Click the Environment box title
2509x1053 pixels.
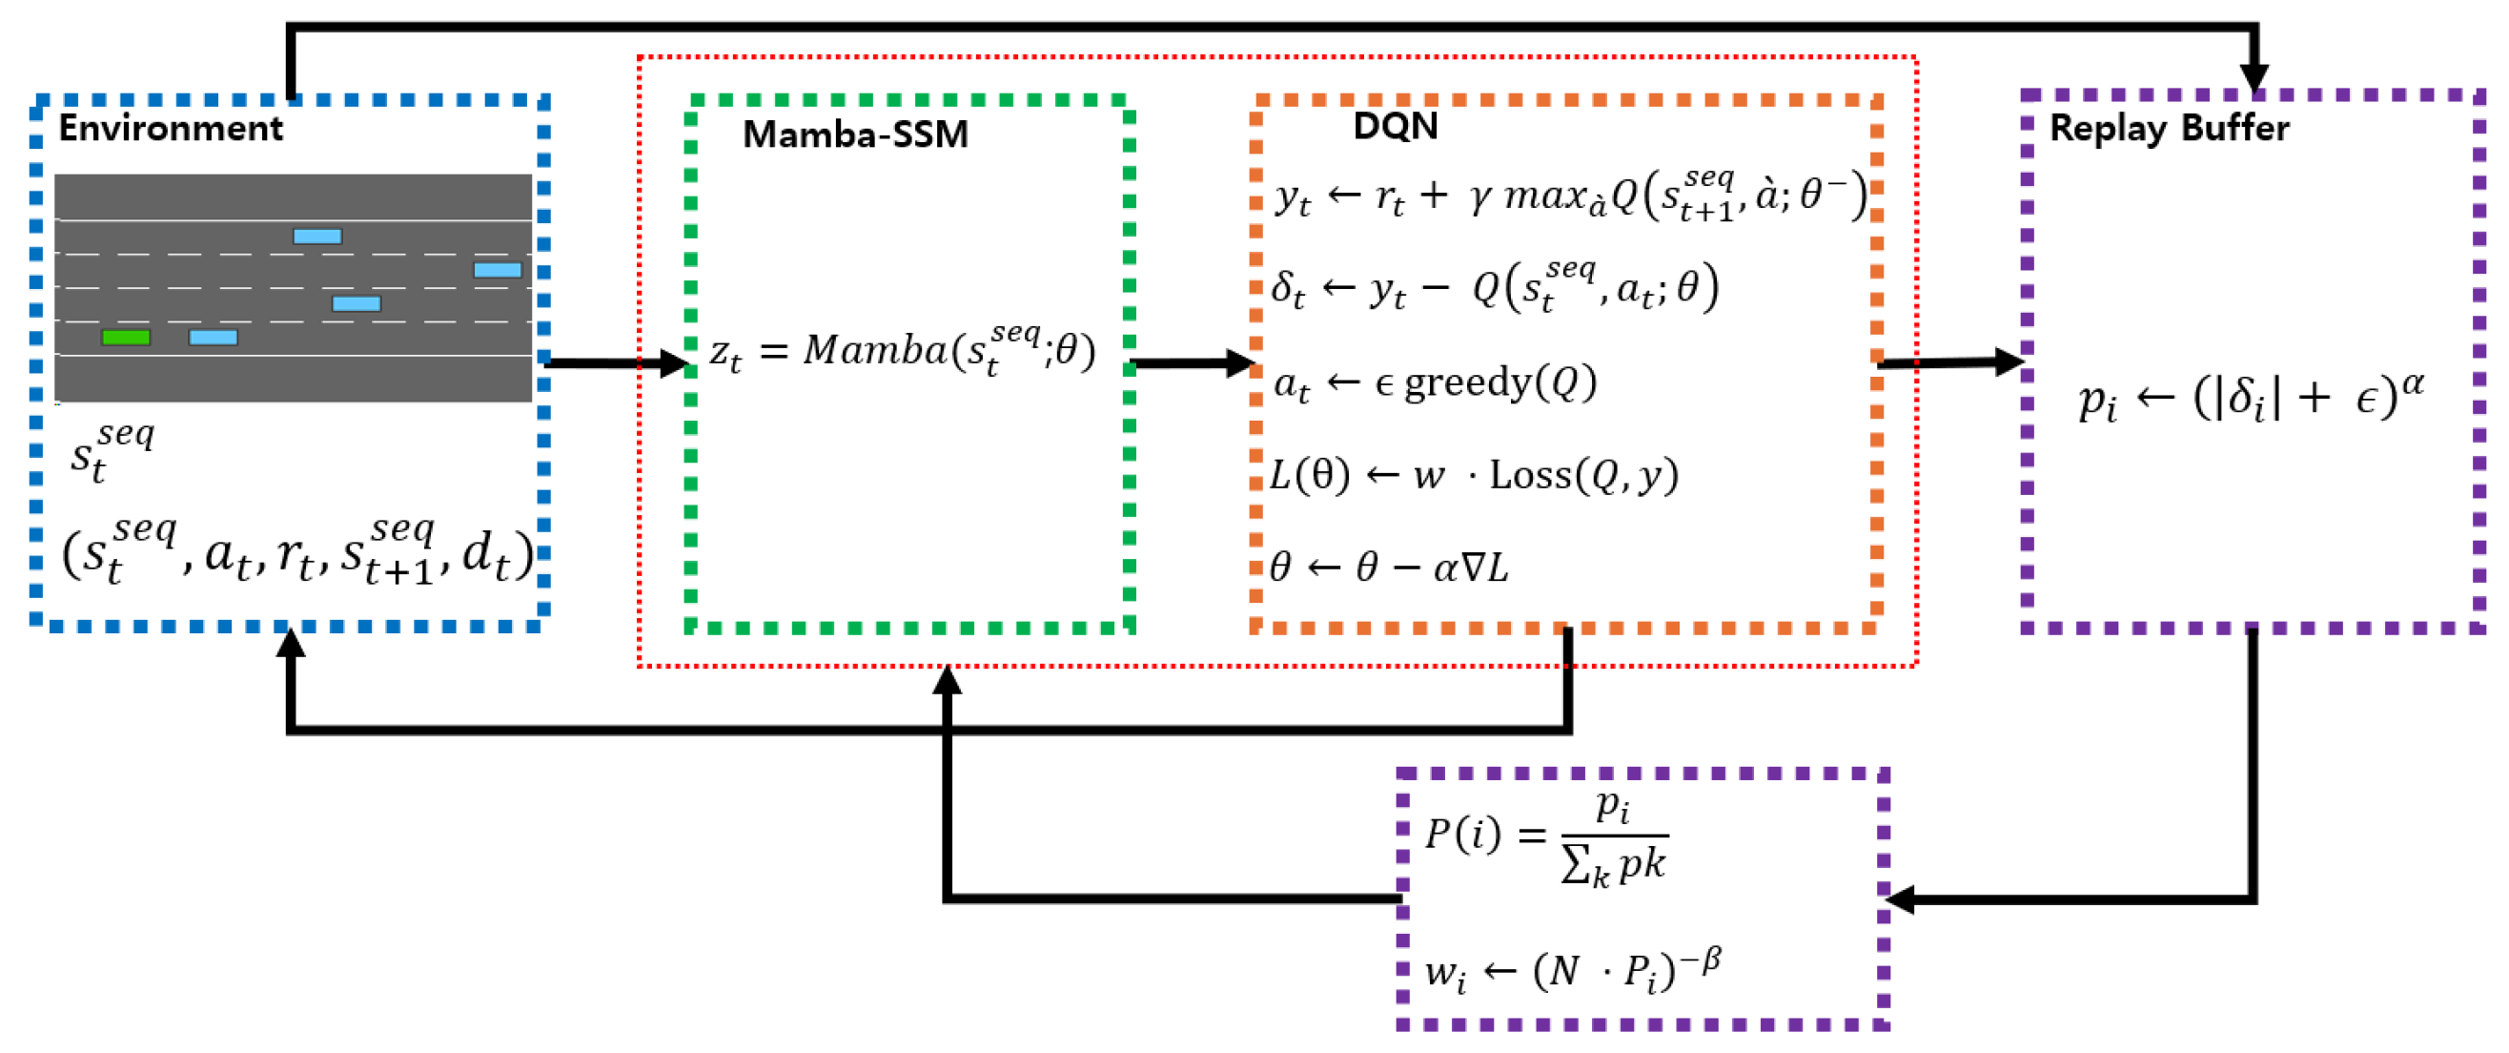[x=171, y=128]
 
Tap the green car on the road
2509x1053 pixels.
[x=126, y=337]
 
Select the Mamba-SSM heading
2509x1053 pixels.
[x=855, y=134]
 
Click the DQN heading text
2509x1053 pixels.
[x=1395, y=125]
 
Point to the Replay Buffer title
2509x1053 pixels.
[x=2169, y=128]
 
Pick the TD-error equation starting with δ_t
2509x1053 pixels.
[x=1494, y=287]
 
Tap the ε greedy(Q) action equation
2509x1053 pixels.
[x=1435, y=382]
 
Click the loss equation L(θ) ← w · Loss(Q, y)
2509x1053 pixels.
[x=1474, y=475]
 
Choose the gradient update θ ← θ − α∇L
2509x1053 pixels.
[x=1388, y=567]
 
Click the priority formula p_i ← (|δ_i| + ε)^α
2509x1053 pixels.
[x=2250, y=397]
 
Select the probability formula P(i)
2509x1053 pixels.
[x=1547, y=837]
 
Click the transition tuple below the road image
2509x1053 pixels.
[x=297, y=553]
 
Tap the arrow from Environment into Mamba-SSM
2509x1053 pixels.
[x=618, y=363]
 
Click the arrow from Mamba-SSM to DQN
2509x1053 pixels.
[x=1193, y=363]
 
